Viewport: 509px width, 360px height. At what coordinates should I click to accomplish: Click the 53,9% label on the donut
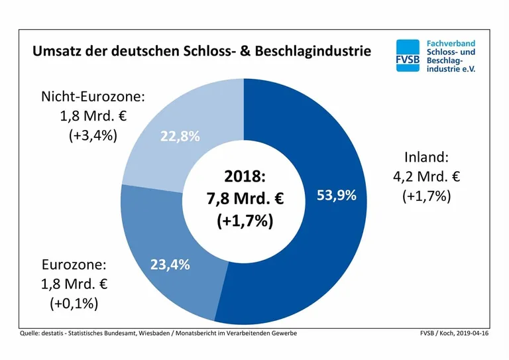tap(336, 196)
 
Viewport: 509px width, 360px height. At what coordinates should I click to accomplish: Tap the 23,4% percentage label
tap(170, 265)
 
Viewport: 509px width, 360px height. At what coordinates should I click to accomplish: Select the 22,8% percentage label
tap(180, 137)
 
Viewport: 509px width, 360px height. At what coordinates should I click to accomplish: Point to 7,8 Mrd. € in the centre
tap(245, 198)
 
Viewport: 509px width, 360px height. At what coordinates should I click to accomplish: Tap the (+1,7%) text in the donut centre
tap(245, 221)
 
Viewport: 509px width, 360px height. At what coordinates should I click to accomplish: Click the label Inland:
tap(426, 158)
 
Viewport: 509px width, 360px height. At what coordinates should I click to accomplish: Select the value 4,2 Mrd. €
tap(426, 177)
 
